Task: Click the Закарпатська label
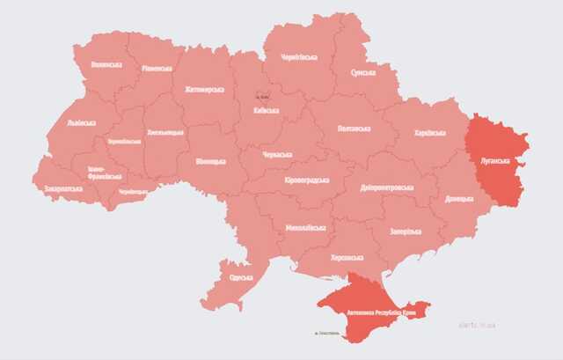click(x=63, y=188)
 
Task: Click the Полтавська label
click(x=354, y=129)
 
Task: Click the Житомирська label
click(x=204, y=90)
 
